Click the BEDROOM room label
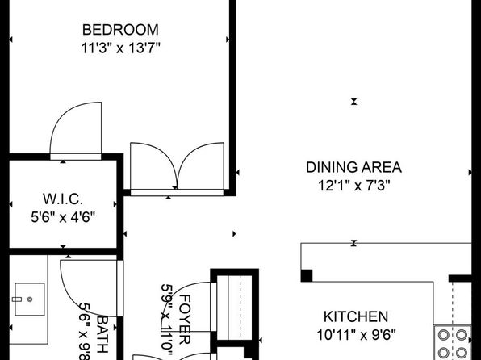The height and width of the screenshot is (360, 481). point(120,30)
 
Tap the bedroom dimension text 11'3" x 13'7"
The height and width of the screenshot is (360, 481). point(121,48)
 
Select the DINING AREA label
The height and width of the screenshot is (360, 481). point(354,168)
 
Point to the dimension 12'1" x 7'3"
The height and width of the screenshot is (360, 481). point(354,186)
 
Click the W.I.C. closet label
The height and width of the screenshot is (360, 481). point(63,199)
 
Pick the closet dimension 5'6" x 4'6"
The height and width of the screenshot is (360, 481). point(63,217)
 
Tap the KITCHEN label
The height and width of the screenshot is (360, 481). point(356,316)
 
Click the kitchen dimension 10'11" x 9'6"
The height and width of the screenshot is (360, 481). point(356,335)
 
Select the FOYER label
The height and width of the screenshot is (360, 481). point(185,320)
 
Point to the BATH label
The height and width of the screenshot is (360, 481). point(102,334)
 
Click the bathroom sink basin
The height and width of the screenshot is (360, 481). point(30,299)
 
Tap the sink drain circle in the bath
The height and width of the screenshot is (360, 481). point(30,299)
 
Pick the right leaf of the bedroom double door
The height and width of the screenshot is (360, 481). point(192,153)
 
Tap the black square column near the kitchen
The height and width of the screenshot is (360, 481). point(307,275)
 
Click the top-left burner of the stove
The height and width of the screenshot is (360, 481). point(444,335)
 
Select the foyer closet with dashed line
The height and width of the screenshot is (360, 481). point(234,307)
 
